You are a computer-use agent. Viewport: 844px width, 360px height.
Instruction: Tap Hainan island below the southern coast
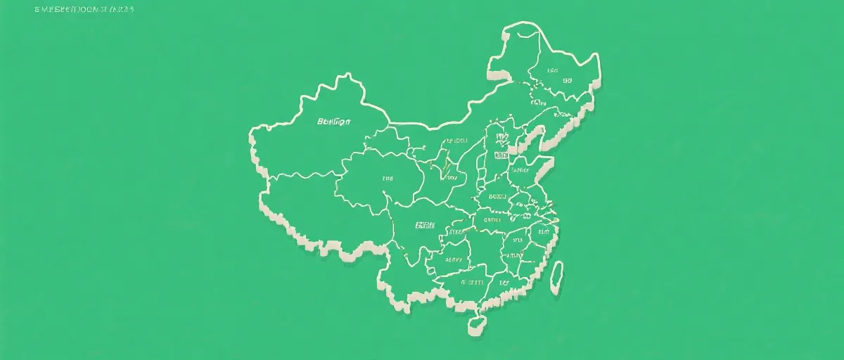[x=477, y=325]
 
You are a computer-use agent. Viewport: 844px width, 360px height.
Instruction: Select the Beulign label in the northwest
[x=334, y=122]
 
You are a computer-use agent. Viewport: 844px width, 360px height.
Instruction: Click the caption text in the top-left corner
[x=84, y=10]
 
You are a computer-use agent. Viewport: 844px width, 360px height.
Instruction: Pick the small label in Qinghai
[x=388, y=179]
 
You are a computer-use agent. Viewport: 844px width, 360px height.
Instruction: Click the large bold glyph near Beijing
[x=502, y=139]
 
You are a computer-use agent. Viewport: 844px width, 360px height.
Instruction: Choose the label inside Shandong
[x=521, y=170]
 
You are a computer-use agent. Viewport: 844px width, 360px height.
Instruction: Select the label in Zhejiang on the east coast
[x=543, y=231]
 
